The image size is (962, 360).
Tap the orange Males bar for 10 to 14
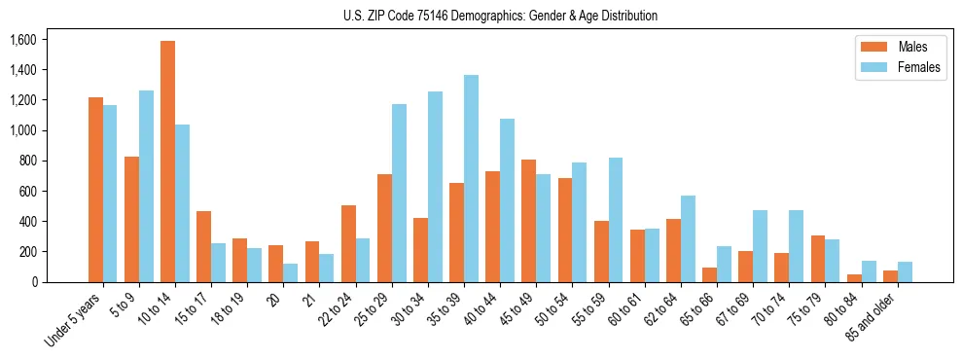point(168,162)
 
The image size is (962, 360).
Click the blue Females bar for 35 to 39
point(471,178)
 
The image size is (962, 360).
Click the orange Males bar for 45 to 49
point(528,221)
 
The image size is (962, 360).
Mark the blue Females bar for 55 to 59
point(615,220)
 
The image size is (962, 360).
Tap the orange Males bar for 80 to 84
point(854,278)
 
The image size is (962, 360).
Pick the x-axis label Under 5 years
point(75,319)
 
